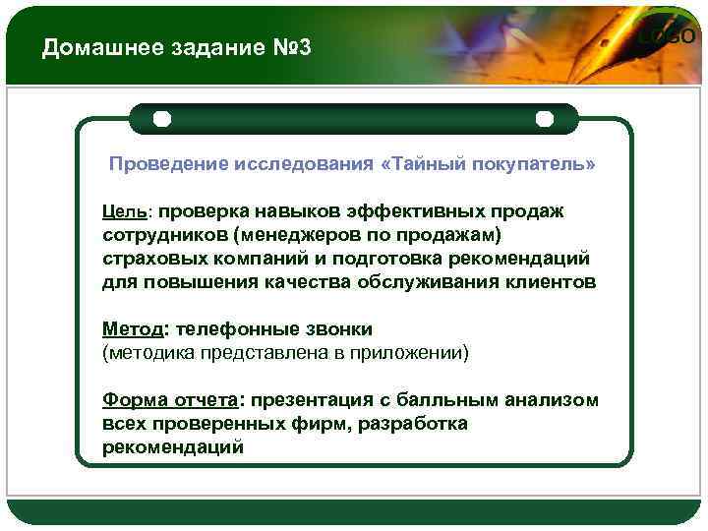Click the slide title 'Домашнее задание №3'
(176, 48)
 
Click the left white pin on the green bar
(162, 119)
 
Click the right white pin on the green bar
(544, 119)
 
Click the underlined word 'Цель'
(124, 211)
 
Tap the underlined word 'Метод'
(132, 329)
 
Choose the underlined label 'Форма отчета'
(169, 400)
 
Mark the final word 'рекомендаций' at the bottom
(172, 447)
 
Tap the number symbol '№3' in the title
(291, 48)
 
